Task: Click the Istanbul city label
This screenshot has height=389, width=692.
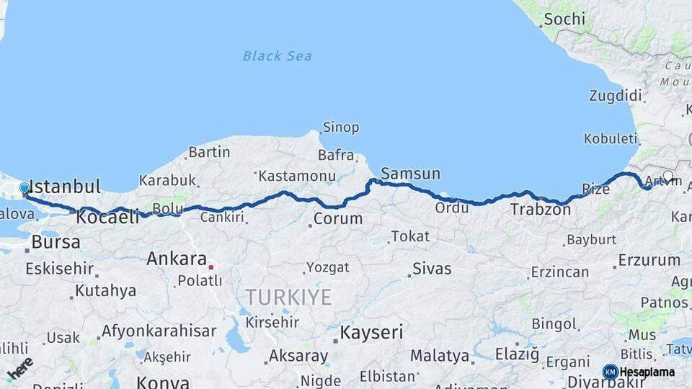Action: [65, 187]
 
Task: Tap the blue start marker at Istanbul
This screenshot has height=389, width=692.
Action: [25, 189]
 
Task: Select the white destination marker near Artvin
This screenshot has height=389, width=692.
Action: [668, 176]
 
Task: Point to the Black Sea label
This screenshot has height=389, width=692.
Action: [277, 56]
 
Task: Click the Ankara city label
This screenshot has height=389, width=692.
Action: [177, 259]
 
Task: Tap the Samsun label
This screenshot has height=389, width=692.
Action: [410, 174]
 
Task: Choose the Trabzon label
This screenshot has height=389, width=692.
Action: [541, 210]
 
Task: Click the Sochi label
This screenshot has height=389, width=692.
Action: [564, 19]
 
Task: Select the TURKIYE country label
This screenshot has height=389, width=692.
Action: [288, 297]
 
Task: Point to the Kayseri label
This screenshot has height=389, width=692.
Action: [372, 332]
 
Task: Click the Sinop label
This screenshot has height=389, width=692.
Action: [341, 128]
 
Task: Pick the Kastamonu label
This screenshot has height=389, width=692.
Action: [297, 176]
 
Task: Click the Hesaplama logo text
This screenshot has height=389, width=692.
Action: [647, 372]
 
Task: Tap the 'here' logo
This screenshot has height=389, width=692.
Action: [19, 368]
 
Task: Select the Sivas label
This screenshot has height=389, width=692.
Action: [432, 269]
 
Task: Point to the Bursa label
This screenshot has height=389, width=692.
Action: [56, 242]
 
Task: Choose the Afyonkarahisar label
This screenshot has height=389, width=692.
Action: [159, 331]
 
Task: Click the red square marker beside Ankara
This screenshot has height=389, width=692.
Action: [211, 267]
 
